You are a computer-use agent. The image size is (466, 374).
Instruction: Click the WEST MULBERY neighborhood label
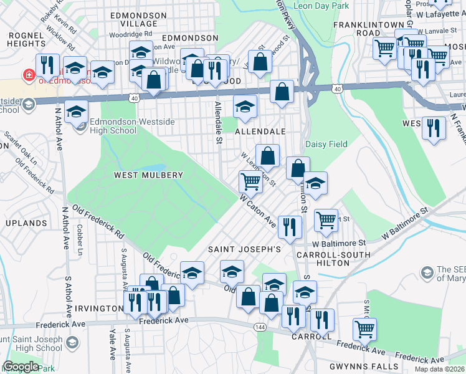pos(148,176)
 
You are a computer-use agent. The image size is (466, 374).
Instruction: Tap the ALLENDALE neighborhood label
pos(260,132)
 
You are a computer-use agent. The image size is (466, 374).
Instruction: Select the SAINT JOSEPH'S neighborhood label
pos(245,249)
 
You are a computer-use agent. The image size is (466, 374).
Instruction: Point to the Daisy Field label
pos(326,144)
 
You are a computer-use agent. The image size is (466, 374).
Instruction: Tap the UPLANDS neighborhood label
pos(26,223)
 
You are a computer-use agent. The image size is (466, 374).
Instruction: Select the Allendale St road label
pos(219,122)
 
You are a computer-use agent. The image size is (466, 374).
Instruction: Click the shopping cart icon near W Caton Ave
pos(250,181)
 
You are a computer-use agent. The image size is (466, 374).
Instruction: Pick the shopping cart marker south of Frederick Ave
pos(364,328)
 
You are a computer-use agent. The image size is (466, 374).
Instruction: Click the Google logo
pos(21,367)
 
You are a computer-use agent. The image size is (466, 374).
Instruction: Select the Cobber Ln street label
pos(80,239)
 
